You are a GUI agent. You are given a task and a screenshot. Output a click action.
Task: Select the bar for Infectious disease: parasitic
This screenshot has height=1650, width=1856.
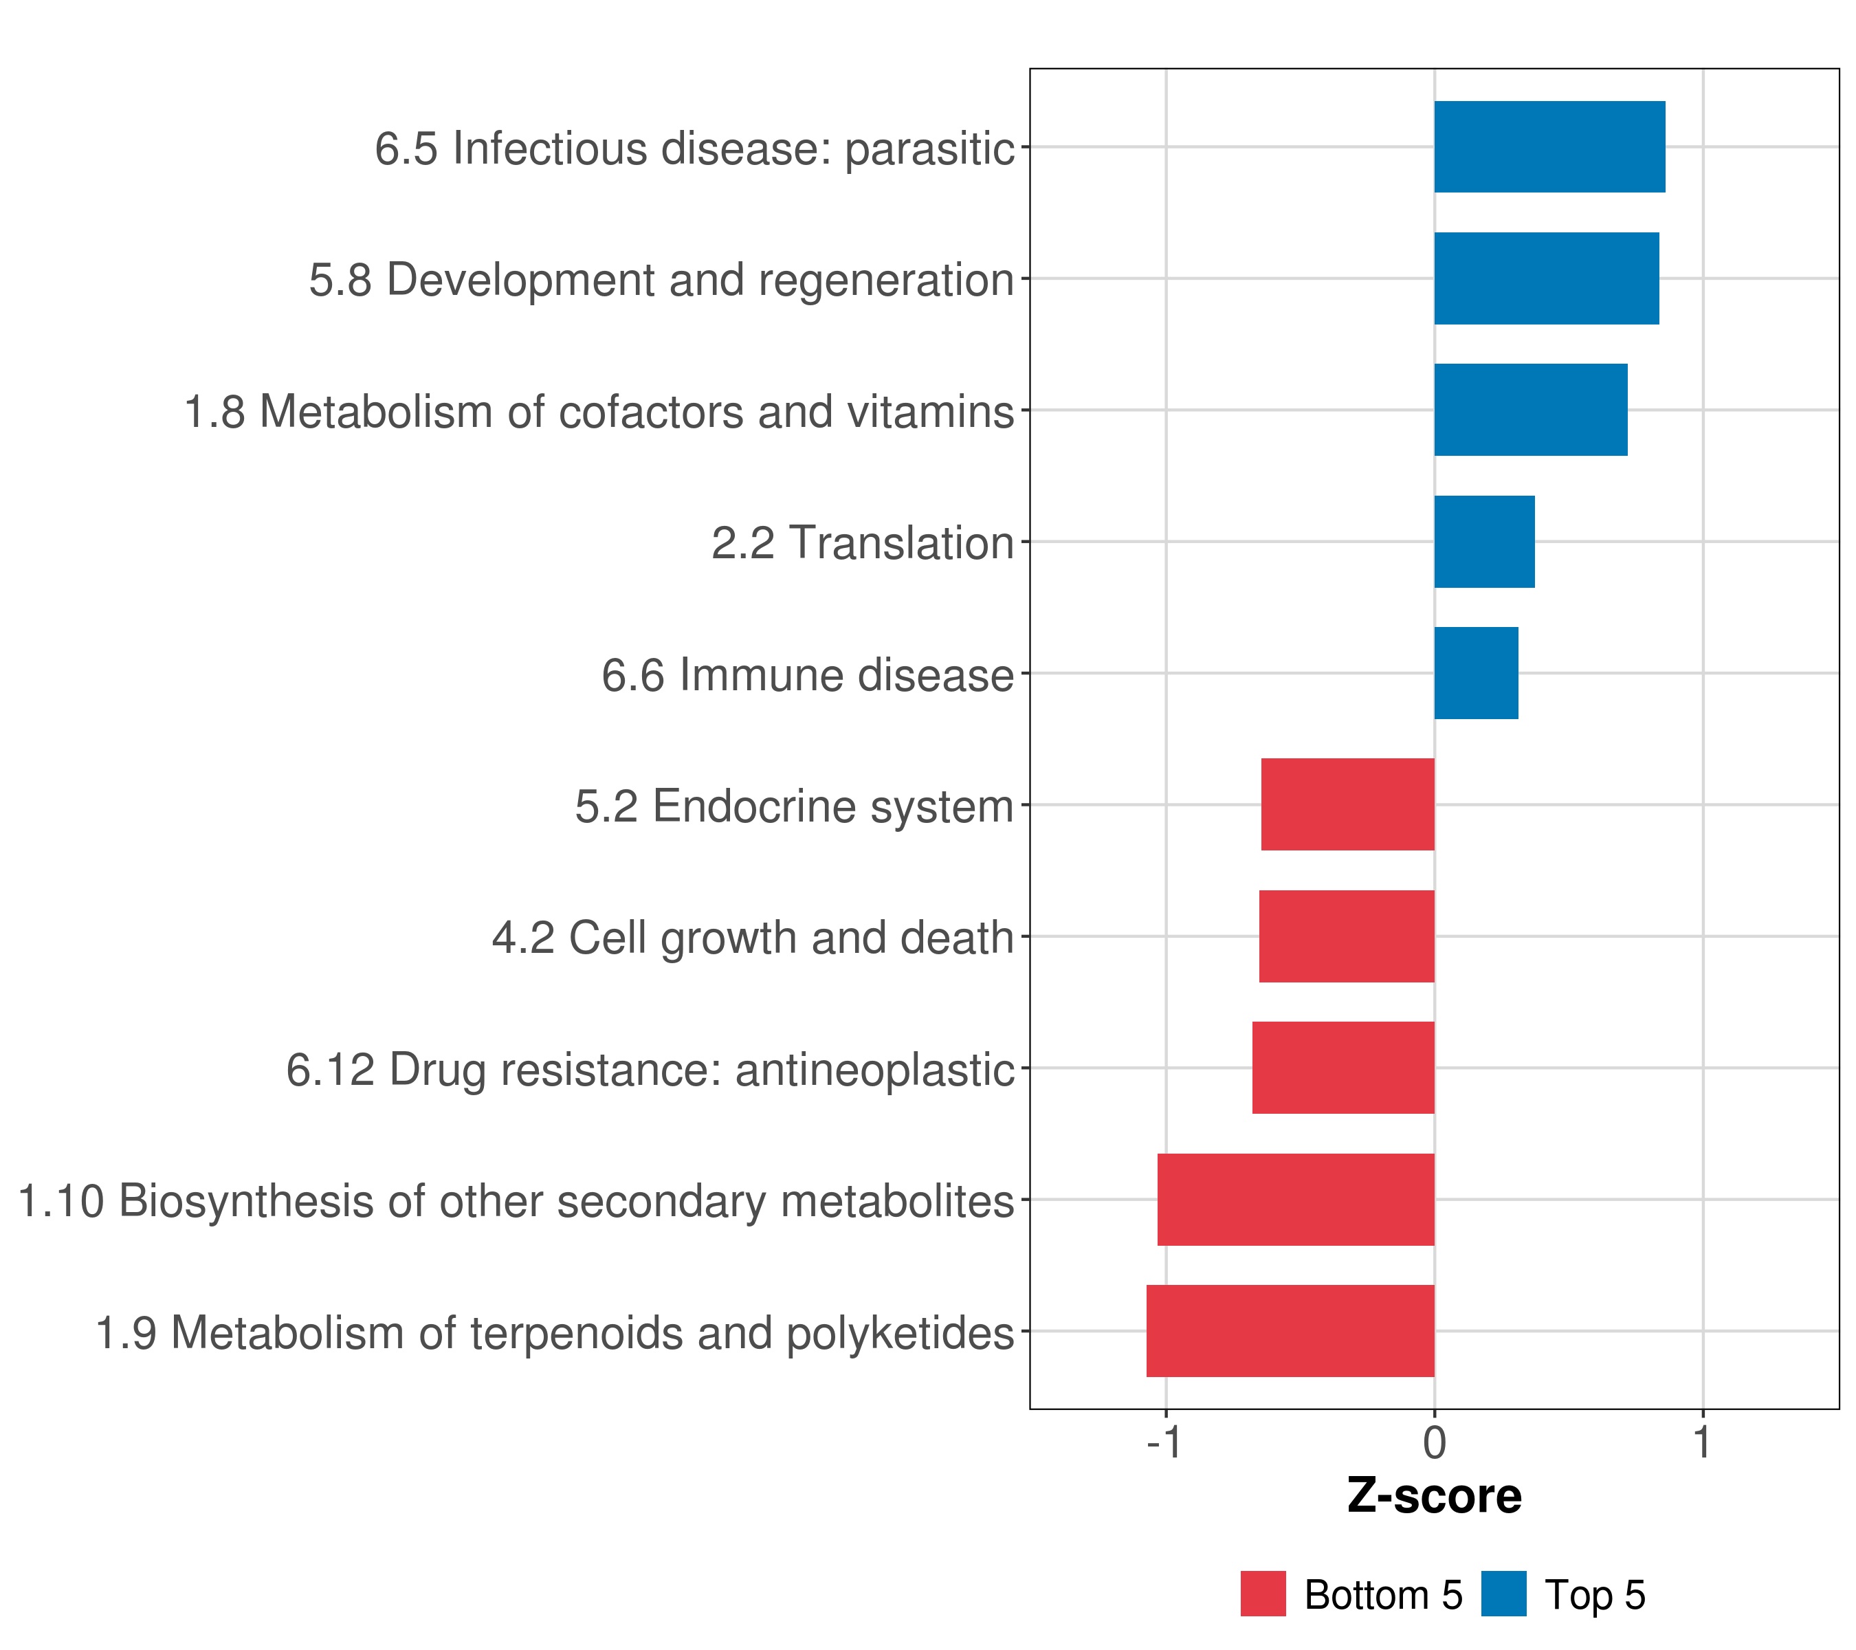(1549, 146)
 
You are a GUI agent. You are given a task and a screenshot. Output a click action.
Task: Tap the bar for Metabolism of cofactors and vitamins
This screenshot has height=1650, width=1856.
(1530, 410)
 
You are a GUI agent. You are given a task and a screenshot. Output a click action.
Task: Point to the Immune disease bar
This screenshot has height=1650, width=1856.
(1476, 673)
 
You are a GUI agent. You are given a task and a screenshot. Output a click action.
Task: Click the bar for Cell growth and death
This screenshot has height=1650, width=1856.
(1347, 936)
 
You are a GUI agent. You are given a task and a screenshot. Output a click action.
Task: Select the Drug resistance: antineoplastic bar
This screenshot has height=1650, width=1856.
(1343, 1068)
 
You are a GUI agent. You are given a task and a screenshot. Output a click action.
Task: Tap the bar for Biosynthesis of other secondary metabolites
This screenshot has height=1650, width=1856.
(1296, 1200)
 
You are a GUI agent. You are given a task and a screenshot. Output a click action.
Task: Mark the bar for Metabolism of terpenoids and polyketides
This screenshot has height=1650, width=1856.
(1290, 1331)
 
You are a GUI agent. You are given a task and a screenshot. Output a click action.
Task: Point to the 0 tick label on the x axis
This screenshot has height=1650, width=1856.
(1435, 1442)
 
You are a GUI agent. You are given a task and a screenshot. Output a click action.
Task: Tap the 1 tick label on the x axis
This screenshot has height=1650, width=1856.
(1703, 1442)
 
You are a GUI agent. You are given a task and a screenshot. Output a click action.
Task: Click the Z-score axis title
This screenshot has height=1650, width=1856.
(1435, 1495)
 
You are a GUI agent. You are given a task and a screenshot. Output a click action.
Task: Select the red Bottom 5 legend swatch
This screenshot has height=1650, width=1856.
(1263, 1594)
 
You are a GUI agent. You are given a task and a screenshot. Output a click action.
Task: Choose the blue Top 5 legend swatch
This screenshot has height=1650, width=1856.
(1503, 1594)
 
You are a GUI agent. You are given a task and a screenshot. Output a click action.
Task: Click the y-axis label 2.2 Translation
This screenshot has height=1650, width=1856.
(862, 543)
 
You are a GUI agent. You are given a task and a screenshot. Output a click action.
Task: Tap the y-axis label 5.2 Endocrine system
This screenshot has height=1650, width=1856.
(794, 806)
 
